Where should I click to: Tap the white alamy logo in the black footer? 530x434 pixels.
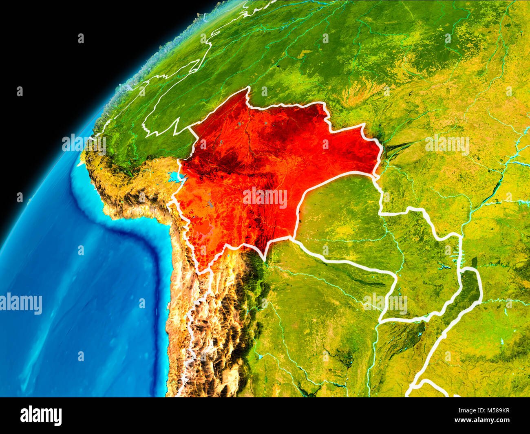point(41,416)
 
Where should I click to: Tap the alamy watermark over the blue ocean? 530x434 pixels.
point(21,304)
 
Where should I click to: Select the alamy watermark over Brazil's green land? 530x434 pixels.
point(447,145)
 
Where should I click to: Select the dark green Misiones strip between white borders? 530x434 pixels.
point(469,285)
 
